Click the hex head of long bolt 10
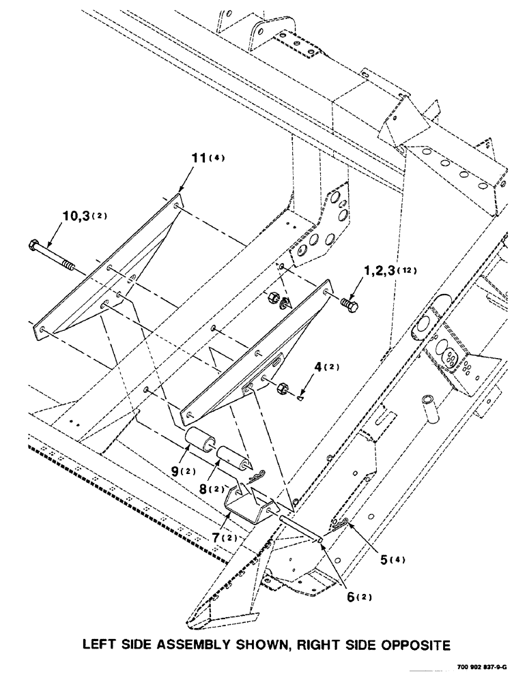[x=34, y=245]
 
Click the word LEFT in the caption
[x=102, y=643]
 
